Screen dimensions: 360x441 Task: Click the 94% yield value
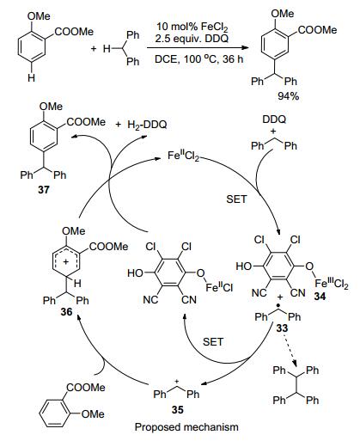(x=288, y=96)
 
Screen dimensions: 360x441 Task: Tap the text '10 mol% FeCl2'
(x=192, y=28)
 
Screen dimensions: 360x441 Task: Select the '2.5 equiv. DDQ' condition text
(x=192, y=39)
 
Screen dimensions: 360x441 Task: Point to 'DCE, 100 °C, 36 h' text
(x=198, y=59)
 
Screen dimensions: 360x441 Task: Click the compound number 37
(x=44, y=189)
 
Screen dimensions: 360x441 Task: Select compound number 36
(x=66, y=311)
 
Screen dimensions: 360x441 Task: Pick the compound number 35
(x=177, y=410)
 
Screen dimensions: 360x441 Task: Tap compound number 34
(x=320, y=297)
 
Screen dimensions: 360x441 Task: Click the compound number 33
(x=282, y=328)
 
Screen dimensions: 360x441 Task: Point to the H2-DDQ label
(x=147, y=125)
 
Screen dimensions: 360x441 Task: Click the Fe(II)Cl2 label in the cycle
(x=183, y=156)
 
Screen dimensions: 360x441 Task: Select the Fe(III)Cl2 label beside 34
(x=332, y=284)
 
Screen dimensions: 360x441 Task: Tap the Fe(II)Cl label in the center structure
(x=219, y=287)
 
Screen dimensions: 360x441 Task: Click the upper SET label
(x=236, y=199)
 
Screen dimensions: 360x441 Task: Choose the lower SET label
(x=213, y=341)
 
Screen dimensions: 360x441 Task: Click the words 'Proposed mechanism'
(x=186, y=427)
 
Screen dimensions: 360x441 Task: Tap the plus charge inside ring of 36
(x=65, y=261)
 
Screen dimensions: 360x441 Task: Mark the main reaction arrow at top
(x=198, y=47)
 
